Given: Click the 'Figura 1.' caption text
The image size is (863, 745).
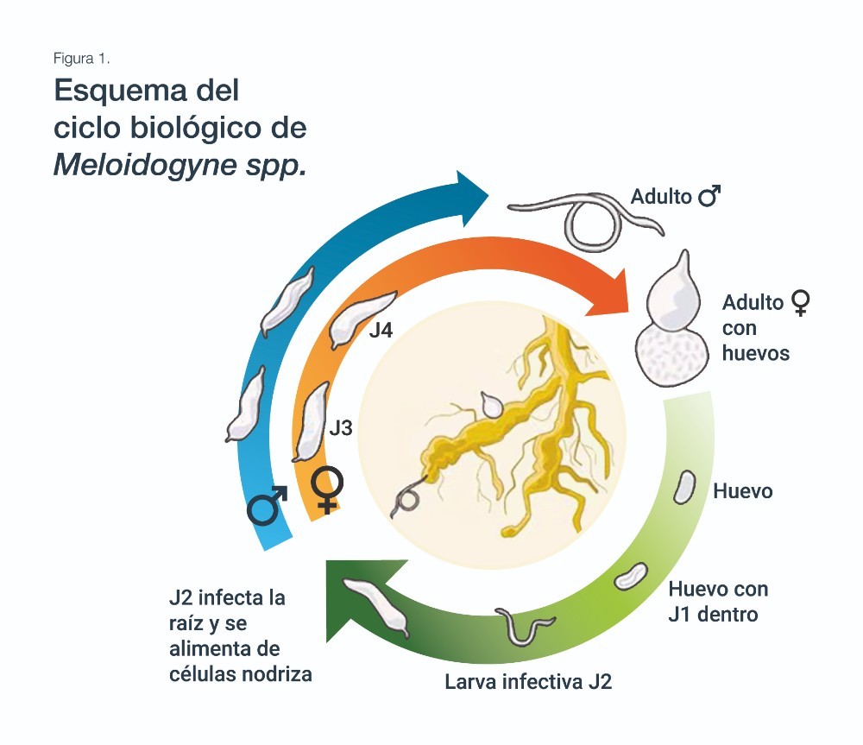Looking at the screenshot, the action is [x=81, y=59].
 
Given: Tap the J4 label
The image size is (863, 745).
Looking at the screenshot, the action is [x=381, y=330].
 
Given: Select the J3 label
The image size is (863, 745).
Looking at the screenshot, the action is [x=341, y=428].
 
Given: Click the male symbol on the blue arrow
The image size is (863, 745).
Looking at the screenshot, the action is [x=268, y=505].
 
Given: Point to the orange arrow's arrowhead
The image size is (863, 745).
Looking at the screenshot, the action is [x=610, y=293].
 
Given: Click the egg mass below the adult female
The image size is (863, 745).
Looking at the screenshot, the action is [x=672, y=355].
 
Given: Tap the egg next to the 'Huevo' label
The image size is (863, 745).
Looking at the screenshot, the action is [x=684, y=487].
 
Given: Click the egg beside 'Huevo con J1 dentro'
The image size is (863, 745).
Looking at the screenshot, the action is [x=631, y=576].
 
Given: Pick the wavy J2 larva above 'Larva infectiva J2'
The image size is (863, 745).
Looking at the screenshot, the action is [x=524, y=626].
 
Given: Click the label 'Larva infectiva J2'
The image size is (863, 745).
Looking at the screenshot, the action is [x=528, y=682].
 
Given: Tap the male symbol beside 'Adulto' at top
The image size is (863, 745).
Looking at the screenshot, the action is [x=709, y=195].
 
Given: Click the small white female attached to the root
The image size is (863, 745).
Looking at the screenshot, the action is [x=491, y=404].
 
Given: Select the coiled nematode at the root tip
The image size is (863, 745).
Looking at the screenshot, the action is [x=407, y=498].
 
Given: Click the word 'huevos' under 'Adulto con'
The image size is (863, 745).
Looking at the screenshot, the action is [x=756, y=353].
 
